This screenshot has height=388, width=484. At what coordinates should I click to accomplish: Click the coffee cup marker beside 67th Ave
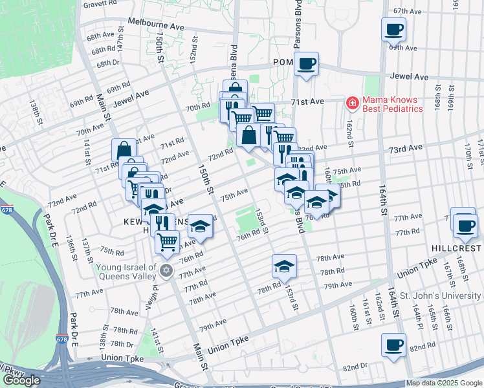(x=394, y=28)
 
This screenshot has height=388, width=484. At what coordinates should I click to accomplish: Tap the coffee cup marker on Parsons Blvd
(x=307, y=63)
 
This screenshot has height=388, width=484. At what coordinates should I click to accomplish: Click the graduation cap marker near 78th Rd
(x=283, y=266)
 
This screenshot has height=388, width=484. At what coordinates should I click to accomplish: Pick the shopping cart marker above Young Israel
(x=168, y=242)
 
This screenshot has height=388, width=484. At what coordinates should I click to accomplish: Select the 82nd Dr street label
(x=355, y=367)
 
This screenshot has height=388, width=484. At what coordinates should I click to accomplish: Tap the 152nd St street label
(x=192, y=54)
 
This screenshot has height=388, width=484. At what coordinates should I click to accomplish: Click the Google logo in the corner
(x=21, y=380)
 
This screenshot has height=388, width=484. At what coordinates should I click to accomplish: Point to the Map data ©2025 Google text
(x=444, y=383)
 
